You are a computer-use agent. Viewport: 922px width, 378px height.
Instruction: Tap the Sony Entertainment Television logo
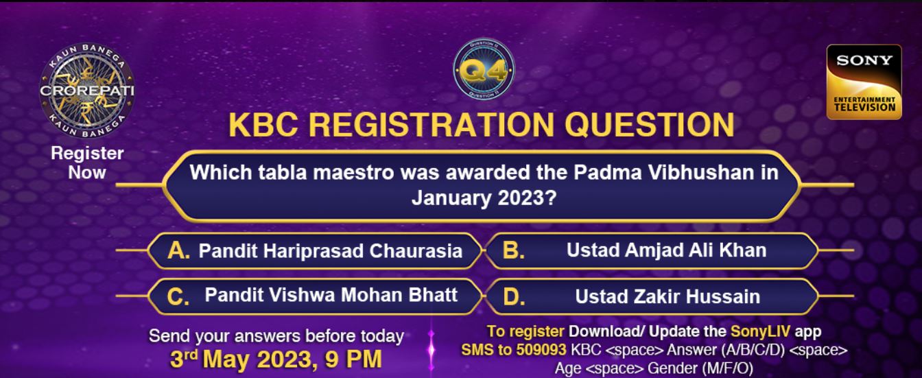click(x=864, y=82)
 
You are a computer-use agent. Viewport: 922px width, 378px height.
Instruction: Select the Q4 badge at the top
click(x=484, y=71)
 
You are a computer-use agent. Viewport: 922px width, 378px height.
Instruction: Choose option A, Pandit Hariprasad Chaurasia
click(x=316, y=251)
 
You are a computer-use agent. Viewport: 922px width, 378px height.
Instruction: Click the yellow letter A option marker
click(x=178, y=251)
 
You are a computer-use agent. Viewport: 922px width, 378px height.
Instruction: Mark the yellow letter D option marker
click(x=514, y=297)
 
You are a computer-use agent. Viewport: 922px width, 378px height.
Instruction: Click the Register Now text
click(x=86, y=163)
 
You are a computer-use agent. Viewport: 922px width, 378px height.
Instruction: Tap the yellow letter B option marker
click(x=513, y=251)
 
